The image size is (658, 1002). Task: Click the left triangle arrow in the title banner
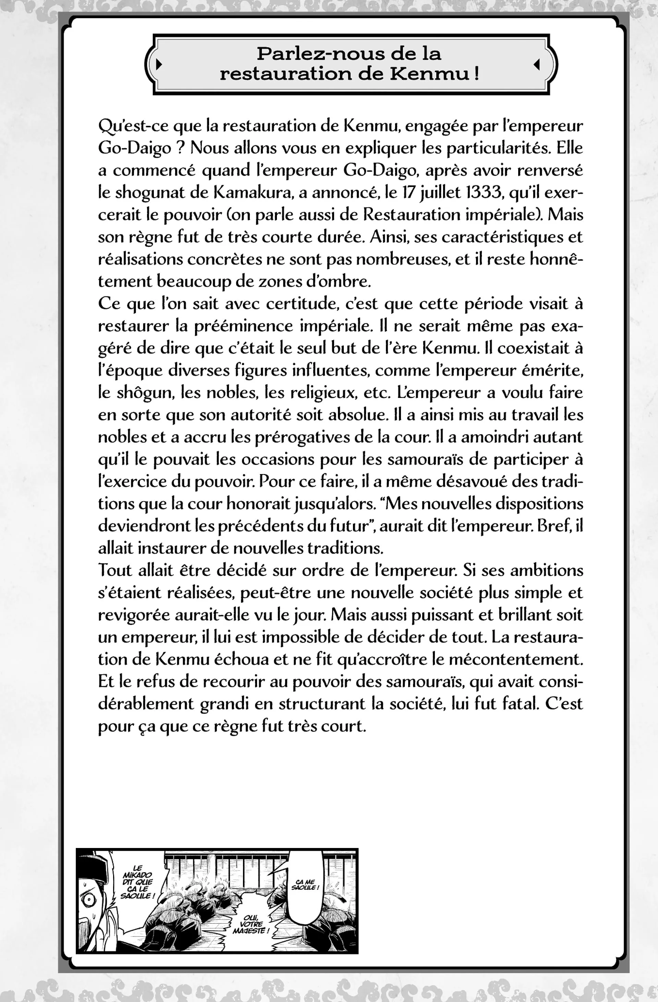coord(158,64)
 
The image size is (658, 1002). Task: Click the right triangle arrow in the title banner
coord(536,64)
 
